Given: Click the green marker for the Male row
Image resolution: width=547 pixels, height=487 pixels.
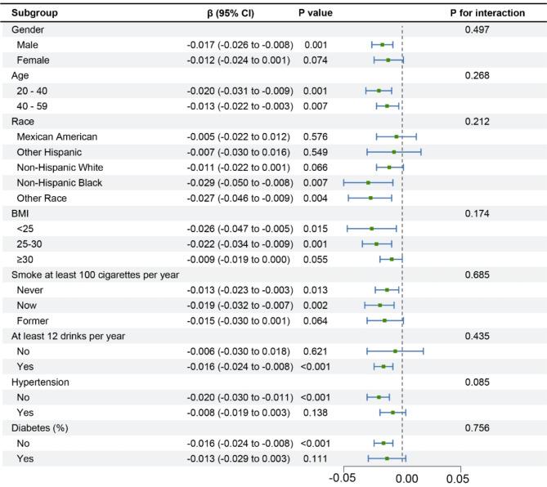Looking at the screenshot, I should pos(383,44).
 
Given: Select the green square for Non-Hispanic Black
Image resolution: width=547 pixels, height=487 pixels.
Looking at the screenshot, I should pos(369,182).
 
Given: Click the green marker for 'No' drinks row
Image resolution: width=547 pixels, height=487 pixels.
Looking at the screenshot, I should pos(395,351).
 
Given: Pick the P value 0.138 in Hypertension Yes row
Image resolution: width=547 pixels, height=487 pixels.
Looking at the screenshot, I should pos(315,413).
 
